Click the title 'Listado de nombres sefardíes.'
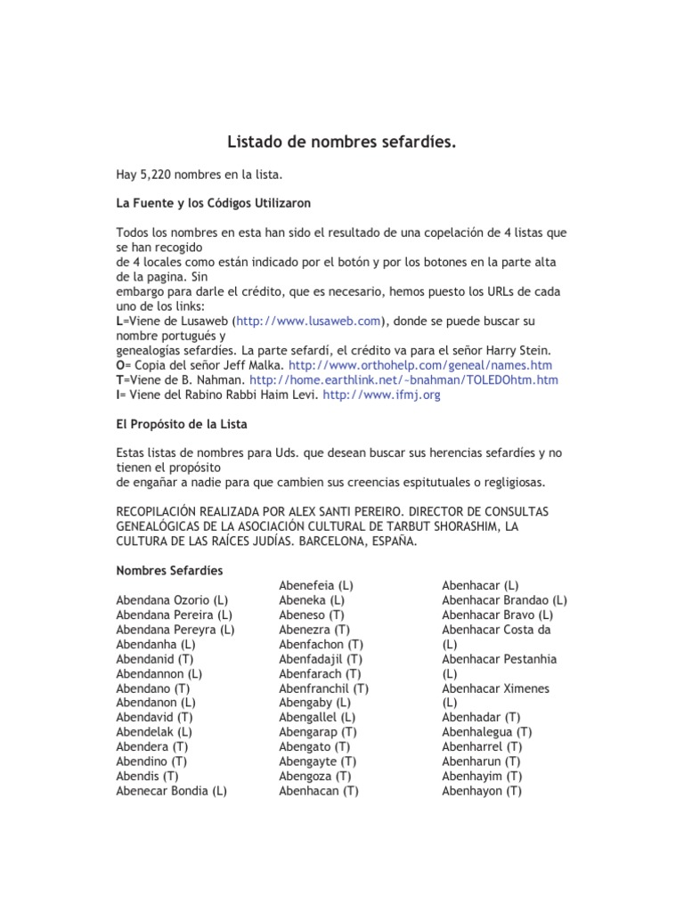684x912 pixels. coord(342,141)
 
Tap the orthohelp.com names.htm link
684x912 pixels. coord(420,365)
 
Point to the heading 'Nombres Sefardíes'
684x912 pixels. coord(169,569)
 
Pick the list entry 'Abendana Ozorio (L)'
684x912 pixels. coord(171,599)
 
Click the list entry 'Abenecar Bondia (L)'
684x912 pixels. coord(171,790)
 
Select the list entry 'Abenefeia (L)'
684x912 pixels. coord(316,585)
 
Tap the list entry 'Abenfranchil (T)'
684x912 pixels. coord(323,688)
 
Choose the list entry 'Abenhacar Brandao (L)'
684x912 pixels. coord(504,599)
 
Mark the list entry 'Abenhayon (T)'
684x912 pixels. coord(482,790)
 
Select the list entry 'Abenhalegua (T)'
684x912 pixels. coord(487,731)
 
